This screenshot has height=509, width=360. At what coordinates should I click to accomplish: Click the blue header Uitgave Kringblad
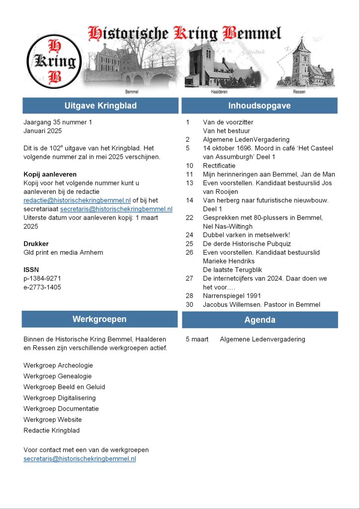point(100,106)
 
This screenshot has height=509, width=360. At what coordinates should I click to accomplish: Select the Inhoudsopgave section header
point(260,106)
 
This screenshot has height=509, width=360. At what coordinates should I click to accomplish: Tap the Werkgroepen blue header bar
point(99,319)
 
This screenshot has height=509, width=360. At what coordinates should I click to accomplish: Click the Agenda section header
point(260,320)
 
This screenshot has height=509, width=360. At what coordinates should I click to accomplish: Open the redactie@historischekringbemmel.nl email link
point(77,200)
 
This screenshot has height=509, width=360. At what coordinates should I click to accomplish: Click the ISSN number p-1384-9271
point(42,278)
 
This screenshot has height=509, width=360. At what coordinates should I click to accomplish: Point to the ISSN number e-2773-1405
point(42,287)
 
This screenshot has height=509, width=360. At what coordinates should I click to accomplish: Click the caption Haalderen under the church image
point(219,92)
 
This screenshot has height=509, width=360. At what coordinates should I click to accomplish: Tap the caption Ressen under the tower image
point(299,92)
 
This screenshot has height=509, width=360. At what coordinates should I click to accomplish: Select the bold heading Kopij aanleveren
point(50,174)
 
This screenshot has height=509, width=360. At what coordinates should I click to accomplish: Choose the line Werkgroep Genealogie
point(58,376)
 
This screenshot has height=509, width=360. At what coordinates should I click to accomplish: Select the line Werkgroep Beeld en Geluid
point(64,387)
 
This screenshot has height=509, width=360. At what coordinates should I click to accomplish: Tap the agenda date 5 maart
point(197,339)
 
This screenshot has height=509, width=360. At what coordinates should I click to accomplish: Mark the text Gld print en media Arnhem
point(63,253)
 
